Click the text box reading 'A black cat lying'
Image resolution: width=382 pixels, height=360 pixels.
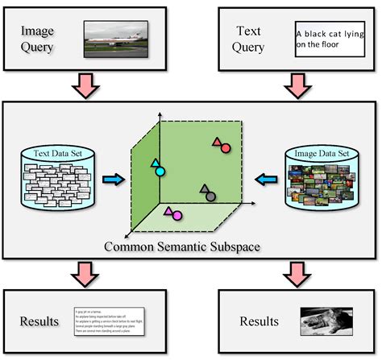click(x=329, y=39)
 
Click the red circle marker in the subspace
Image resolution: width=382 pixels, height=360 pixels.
click(x=226, y=149)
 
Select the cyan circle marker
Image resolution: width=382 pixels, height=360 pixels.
click(x=160, y=172)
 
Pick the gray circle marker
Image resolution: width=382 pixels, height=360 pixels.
click(x=210, y=196)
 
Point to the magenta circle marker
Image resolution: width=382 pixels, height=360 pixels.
click(x=176, y=215)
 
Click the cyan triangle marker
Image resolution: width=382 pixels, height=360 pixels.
click(x=156, y=163)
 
